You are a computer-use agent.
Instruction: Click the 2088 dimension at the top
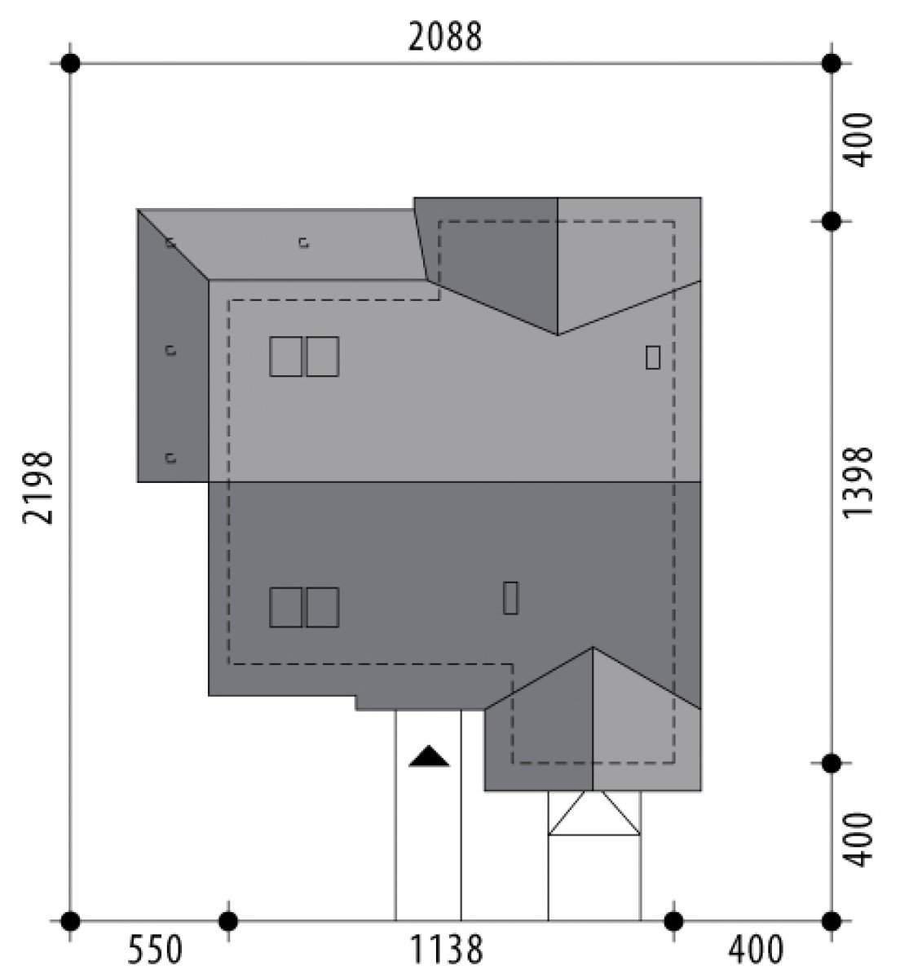(x=444, y=37)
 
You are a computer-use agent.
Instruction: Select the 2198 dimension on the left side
(x=37, y=488)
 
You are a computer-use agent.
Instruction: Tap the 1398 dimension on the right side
(x=858, y=483)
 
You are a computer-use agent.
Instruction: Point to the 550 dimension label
(x=155, y=950)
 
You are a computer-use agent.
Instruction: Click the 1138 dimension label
(x=446, y=950)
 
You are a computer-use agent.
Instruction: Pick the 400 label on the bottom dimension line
(x=756, y=950)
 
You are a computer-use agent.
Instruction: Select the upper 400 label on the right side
(x=858, y=140)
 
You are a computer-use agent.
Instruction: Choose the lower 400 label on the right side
(x=858, y=839)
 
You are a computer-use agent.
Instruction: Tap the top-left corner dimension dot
(x=71, y=64)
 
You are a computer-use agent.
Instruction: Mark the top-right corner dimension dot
(x=832, y=64)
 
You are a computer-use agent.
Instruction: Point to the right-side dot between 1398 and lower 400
(x=832, y=764)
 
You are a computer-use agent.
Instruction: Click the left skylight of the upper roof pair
(x=286, y=357)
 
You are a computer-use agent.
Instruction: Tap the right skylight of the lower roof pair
(x=323, y=607)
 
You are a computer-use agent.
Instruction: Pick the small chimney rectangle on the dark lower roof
(x=510, y=597)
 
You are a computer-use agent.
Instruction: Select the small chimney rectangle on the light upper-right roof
(x=653, y=357)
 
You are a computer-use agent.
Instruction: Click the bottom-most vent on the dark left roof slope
(x=170, y=458)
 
